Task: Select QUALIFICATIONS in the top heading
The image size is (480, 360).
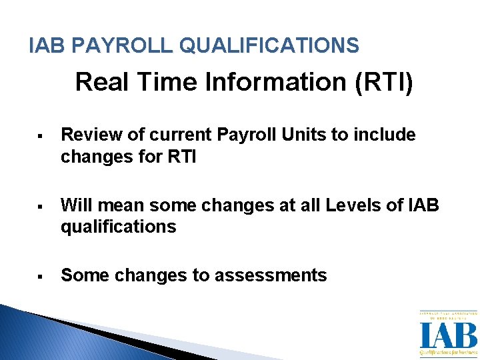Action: (x=269, y=45)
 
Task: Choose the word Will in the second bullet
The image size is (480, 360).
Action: (x=75, y=205)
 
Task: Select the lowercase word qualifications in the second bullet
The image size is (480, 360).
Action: (x=118, y=227)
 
